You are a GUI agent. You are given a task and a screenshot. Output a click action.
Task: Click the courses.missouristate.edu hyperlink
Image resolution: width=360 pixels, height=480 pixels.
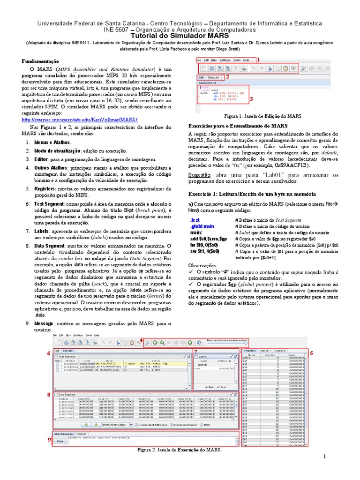[80, 120]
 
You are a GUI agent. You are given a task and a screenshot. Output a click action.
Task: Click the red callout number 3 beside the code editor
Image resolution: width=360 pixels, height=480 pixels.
[251, 99]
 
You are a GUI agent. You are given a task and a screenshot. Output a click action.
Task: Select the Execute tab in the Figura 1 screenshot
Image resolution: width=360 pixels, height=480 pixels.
[214, 77]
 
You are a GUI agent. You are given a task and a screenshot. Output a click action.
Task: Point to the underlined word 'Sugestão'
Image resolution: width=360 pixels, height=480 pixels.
[200, 174]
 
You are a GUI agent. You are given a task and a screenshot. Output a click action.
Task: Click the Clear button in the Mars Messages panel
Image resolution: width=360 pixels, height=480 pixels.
[60, 441]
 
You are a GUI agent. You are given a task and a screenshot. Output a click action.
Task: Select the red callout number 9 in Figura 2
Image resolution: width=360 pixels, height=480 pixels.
[49, 439]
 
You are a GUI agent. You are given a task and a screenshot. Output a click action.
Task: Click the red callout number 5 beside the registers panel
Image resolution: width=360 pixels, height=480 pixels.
[311, 352]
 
